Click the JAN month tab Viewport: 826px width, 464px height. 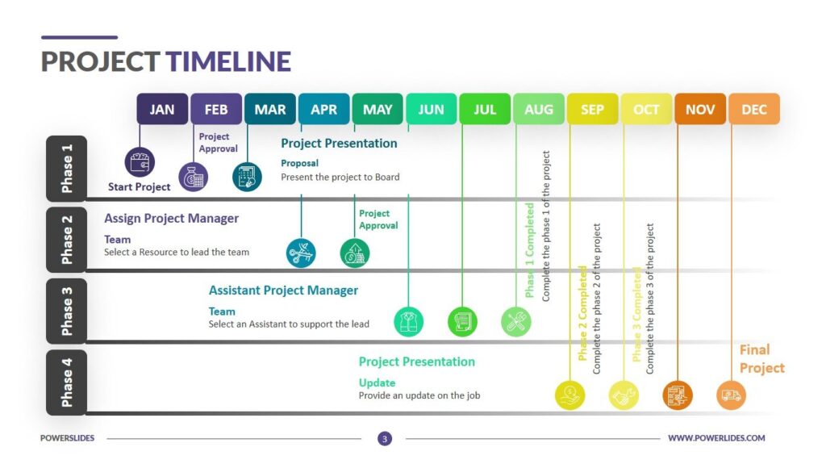pos(162,109)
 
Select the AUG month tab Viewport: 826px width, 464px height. pos(539,109)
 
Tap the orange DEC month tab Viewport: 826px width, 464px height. pos(754,109)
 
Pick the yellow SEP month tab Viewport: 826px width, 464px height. pos(592,109)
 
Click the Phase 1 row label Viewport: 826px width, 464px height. pos(66,168)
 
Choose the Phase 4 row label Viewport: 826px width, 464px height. pos(66,382)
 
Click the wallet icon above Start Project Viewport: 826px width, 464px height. pos(140,162)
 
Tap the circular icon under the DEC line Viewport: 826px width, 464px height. pos(732,395)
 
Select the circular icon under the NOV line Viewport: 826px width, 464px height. pos(678,395)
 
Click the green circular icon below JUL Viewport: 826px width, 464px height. pos(462,321)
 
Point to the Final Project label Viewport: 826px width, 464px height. pos(761,358)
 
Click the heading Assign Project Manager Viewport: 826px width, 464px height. pos(171,219)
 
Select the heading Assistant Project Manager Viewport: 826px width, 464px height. pos(283,291)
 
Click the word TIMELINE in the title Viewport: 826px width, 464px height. pos(227,62)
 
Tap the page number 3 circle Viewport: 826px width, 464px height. pos(385,438)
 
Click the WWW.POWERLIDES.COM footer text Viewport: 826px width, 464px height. pos(716,438)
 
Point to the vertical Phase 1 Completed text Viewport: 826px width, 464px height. pos(530,250)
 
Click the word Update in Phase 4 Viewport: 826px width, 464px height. pos(377,382)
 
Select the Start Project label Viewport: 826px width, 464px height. pos(140,187)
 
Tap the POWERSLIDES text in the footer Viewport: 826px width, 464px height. pos(68,438)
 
